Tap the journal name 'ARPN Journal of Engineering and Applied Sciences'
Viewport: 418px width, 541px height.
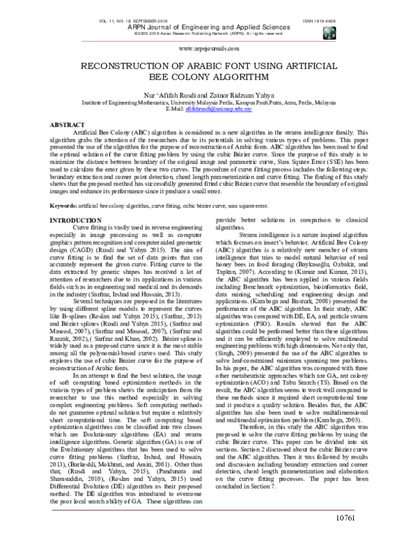point(209,27)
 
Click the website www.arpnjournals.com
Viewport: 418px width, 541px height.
point(209,49)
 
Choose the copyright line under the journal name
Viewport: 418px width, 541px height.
point(209,33)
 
